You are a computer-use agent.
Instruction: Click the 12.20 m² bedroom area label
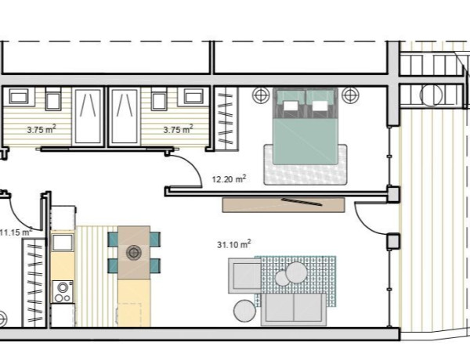pyautogui.click(x=229, y=179)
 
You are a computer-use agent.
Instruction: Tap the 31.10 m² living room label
pyautogui.click(x=233, y=244)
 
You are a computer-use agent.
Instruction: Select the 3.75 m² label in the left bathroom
pyautogui.click(x=42, y=129)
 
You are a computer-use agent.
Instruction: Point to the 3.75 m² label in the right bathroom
pyautogui.click(x=178, y=129)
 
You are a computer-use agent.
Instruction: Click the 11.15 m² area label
pyautogui.click(x=16, y=232)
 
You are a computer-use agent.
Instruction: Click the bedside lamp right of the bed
pyautogui.click(x=350, y=95)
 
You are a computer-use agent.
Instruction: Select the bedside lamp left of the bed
pyautogui.click(x=261, y=95)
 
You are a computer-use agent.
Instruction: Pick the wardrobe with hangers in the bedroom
pyautogui.click(x=226, y=119)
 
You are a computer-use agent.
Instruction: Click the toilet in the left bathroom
pyautogui.click(x=53, y=99)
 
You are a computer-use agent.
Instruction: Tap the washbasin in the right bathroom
pyautogui.click(x=193, y=97)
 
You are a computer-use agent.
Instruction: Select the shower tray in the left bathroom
pyautogui.click(x=88, y=117)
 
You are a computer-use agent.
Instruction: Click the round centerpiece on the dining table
pyautogui.click(x=134, y=253)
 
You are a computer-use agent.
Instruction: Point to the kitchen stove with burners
pyautogui.click(x=63, y=292)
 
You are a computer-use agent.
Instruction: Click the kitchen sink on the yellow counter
pyautogui.click(x=63, y=243)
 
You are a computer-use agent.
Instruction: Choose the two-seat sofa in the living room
pyautogui.click(x=294, y=309)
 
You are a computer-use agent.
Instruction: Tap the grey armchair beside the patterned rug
pyautogui.click(x=245, y=275)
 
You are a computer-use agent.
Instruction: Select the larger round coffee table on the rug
pyautogui.click(x=296, y=273)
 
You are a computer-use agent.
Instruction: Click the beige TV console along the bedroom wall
pyautogui.click(x=284, y=205)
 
